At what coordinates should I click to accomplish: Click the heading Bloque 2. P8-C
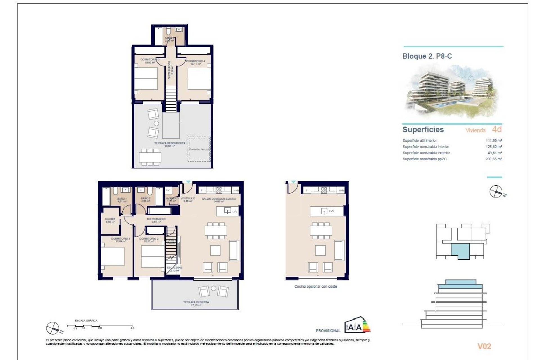coord(427,56)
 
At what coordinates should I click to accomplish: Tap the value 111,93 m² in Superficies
coord(494,141)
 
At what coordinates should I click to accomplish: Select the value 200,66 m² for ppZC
coord(494,159)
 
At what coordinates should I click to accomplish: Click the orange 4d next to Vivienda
coord(497,129)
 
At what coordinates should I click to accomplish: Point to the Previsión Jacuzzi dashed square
coord(199,149)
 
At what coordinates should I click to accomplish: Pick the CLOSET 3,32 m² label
coord(110,220)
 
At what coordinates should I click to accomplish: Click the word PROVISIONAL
coord(328,331)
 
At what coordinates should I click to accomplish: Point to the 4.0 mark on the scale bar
coord(132,328)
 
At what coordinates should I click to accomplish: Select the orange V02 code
coord(484,346)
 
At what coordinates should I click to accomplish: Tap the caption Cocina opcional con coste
coord(316,287)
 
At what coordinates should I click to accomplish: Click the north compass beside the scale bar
coord(53,328)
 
